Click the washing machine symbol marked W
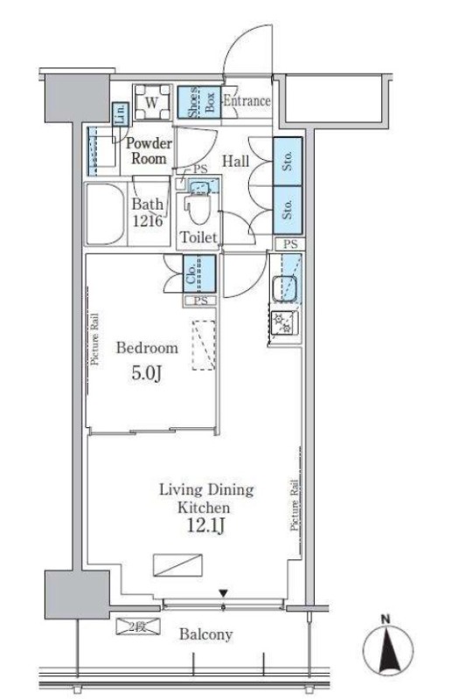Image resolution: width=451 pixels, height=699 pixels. pyautogui.click(x=152, y=102)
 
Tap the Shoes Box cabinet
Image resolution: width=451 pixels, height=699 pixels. pyautogui.click(x=199, y=102)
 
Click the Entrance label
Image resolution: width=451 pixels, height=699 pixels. pyautogui.click(x=246, y=100)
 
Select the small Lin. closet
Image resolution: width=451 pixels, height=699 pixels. pyautogui.click(x=120, y=114)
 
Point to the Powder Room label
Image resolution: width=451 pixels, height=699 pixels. pyautogui.click(x=149, y=150)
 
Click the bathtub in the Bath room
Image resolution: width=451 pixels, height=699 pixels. pyautogui.click(x=105, y=214)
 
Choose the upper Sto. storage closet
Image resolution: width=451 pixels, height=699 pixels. pyautogui.click(x=288, y=161)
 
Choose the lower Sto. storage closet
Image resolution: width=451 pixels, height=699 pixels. pyautogui.click(x=288, y=210)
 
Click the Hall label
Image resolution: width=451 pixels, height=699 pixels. pyautogui.click(x=235, y=161)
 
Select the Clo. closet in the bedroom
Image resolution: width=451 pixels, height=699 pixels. pyautogui.click(x=199, y=273)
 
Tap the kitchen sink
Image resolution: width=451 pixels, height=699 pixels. pyautogui.click(x=285, y=288)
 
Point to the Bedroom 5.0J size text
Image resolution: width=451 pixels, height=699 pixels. pyautogui.click(x=146, y=374)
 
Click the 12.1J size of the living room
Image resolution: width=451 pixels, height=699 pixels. pyautogui.click(x=205, y=527)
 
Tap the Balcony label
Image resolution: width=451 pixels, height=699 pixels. pyautogui.click(x=206, y=634)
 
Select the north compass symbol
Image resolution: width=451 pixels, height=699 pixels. pyautogui.click(x=387, y=647)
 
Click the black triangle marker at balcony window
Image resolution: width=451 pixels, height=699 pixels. pyautogui.click(x=223, y=593)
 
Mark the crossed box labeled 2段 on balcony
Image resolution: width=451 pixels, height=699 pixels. pyautogui.click(x=138, y=626)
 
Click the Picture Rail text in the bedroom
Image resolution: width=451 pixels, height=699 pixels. pyautogui.click(x=95, y=340)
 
